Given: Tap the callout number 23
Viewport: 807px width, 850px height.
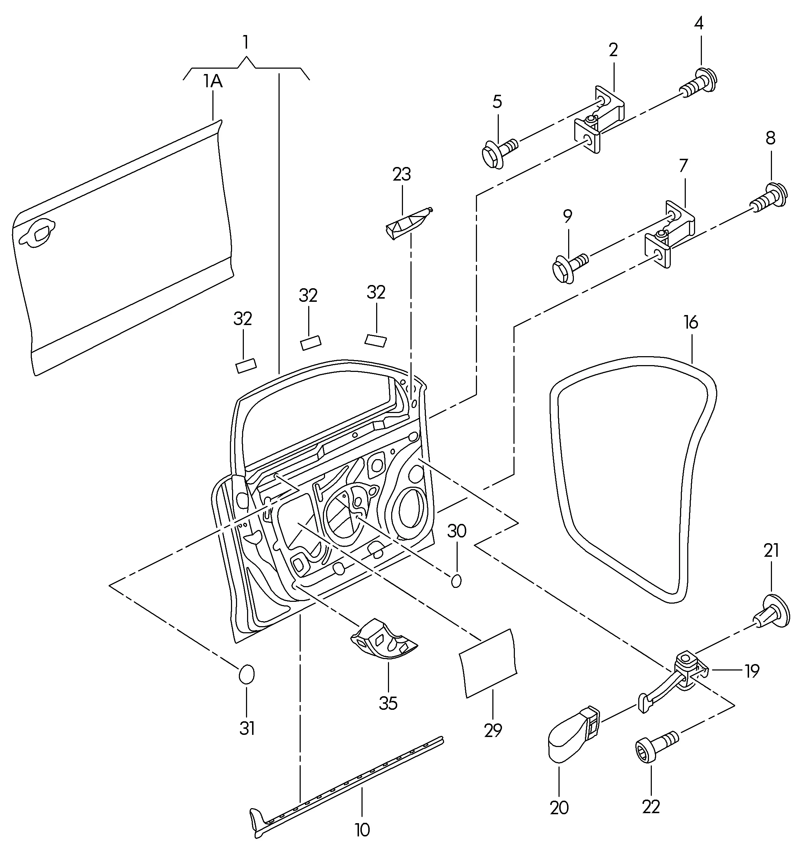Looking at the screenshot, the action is click(x=402, y=174).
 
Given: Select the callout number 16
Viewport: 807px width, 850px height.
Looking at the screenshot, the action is click(x=691, y=323).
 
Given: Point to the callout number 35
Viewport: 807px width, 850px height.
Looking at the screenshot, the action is click(x=388, y=703).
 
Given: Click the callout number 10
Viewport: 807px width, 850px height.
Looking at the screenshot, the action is click(x=362, y=830).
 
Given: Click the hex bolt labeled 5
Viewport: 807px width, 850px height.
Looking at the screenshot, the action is click(x=500, y=153).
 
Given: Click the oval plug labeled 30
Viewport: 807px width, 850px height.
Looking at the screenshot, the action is click(x=456, y=581).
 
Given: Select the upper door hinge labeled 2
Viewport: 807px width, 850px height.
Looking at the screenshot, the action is click(x=599, y=119).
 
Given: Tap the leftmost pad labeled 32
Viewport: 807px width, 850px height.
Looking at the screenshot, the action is click(x=246, y=366).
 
